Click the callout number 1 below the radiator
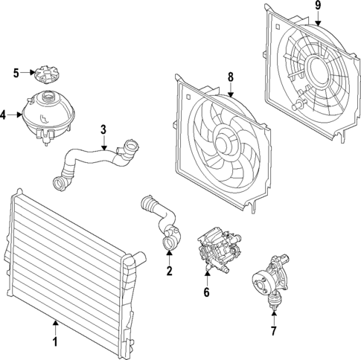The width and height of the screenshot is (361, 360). [x=54, y=344]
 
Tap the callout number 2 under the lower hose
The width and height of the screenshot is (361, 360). [x=170, y=271]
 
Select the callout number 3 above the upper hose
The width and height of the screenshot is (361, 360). [x=104, y=130]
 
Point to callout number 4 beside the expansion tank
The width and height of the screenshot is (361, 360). [x=4, y=115]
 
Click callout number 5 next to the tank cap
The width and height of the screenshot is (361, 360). [x=16, y=72]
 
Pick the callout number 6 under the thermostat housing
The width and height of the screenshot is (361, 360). [x=207, y=292]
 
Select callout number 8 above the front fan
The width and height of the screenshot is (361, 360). [x=231, y=77]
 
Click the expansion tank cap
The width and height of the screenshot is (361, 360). [x=45, y=75]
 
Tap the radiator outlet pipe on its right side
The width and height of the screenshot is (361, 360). [x=136, y=261]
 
